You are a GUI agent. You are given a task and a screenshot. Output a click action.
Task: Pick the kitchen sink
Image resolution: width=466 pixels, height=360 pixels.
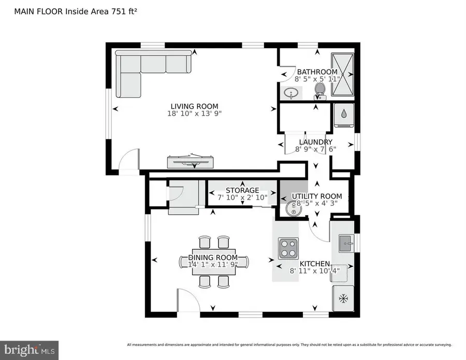pos(346,242)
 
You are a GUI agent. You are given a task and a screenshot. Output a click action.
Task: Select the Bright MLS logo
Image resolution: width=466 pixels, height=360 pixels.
pos(29,349)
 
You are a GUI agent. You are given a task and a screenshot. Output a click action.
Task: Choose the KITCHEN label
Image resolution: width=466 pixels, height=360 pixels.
pos(314,262)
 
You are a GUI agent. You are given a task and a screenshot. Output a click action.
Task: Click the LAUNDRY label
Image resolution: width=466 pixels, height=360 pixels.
pos(315,142)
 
